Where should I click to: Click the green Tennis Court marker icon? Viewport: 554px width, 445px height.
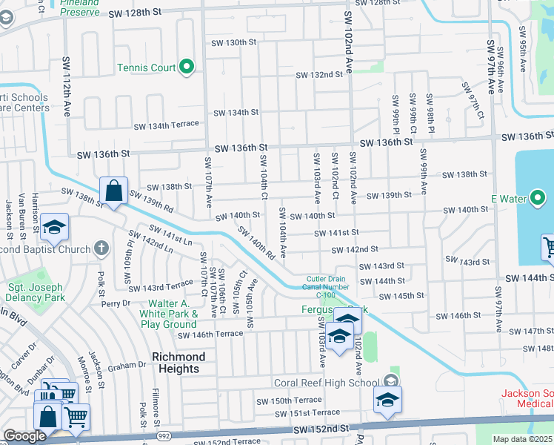click(x=187, y=68)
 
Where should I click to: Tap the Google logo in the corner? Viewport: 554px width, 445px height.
click(x=24, y=436)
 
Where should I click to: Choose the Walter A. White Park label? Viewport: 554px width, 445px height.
click(x=173, y=314)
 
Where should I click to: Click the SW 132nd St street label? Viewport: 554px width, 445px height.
click(x=319, y=75)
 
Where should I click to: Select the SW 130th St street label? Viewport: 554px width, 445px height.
click(x=232, y=42)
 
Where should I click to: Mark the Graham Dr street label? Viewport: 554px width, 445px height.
click(x=127, y=365)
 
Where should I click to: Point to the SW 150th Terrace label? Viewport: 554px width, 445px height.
click(x=287, y=400)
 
